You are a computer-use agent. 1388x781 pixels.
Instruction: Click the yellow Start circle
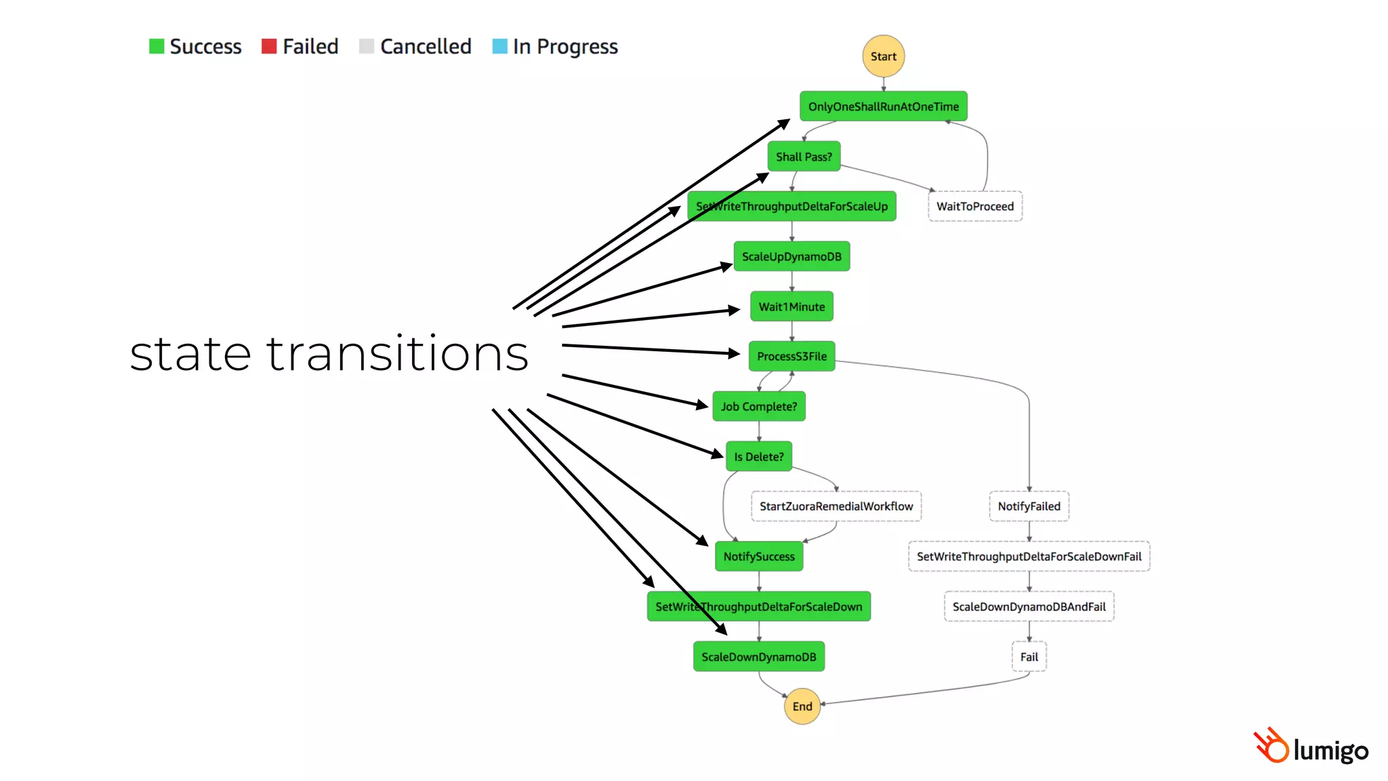click(x=883, y=56)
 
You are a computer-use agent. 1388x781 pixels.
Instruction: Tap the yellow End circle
click(x=802, y=706)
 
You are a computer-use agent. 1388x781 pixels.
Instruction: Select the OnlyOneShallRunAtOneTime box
click(x=883, y=106)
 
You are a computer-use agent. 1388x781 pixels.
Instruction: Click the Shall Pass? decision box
click(x=804, y=157)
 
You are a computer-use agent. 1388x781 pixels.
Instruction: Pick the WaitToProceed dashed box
click(x=975, y=206)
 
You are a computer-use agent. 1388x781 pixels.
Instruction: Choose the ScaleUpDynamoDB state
click(x=791, y=256)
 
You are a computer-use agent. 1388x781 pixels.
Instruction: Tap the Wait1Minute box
click(x=791, y=306)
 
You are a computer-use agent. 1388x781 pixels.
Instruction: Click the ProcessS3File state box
click(x=791, y=356)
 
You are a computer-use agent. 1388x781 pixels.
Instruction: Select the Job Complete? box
click(x=758, y=406)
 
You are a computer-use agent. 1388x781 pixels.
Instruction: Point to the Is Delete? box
click(x=758, y=456)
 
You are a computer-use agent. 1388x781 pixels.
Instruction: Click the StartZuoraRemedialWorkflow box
click(x=836, y=506)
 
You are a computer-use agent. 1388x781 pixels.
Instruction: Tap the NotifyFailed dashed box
click(x=1029, y=506)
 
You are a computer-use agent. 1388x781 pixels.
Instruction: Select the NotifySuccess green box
click(x=758, y=557)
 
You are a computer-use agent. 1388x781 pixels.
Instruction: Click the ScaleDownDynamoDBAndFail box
click(x=1029, y=607)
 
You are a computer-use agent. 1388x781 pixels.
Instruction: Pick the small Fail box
click(x=1029, y=657)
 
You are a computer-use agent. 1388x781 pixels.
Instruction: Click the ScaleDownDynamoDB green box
click(x=758, y=657)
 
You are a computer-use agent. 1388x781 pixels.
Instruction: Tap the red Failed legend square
click(x=269, y=46)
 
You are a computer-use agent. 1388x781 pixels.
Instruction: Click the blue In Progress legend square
click(x=499, y=46)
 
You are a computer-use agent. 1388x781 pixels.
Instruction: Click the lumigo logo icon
click(x=1271, y=746)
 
